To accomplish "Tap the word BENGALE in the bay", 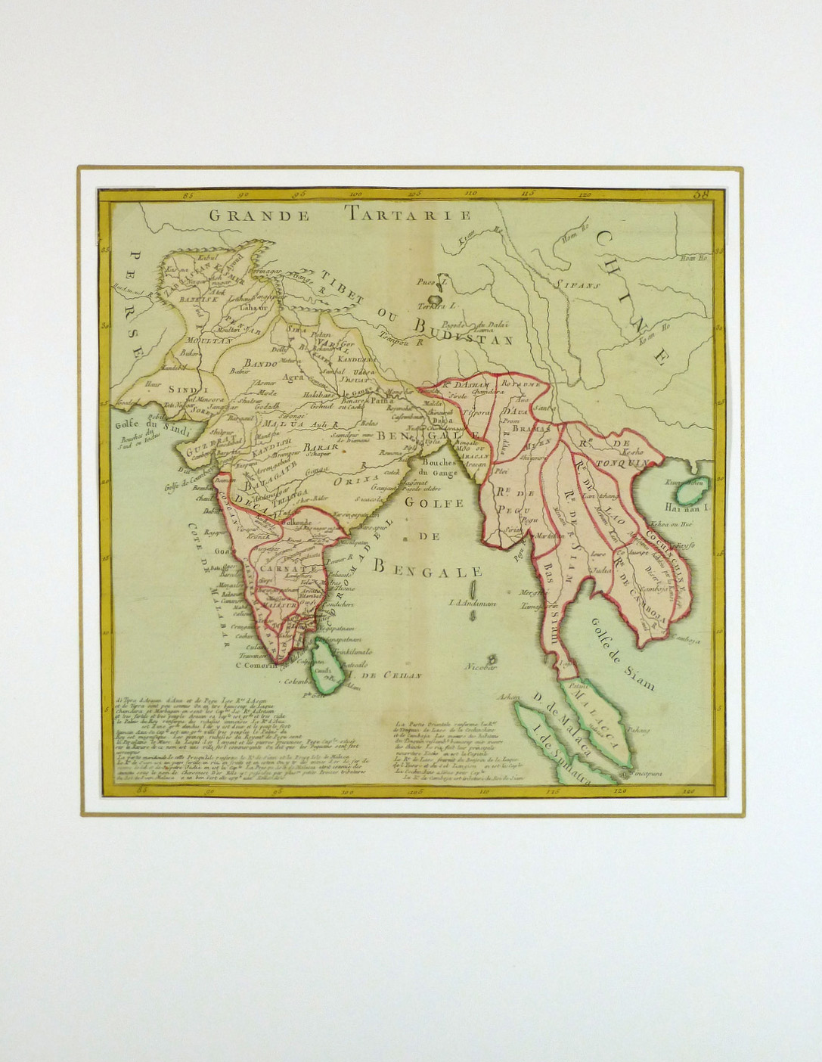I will click(430, 568).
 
